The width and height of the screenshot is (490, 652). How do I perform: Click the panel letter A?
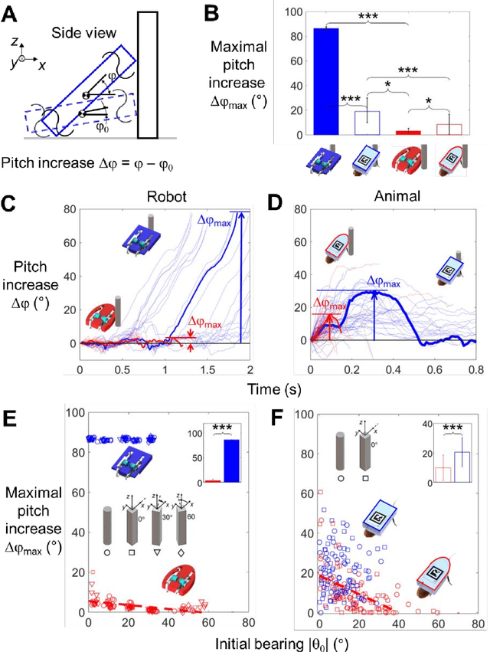(x=14, y=13)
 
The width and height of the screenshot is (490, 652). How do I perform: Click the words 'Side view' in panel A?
(x=80, y=33)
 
